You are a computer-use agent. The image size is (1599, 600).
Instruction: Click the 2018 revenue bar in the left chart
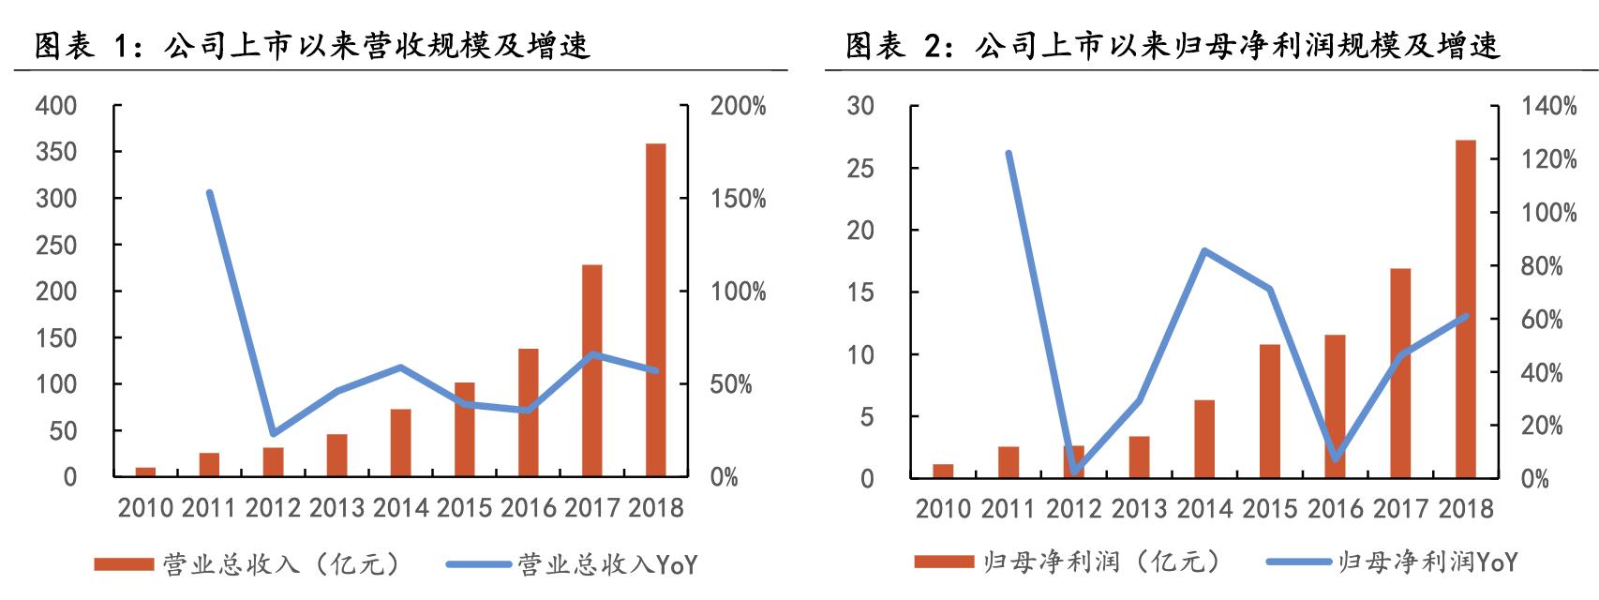[x=655, y=309]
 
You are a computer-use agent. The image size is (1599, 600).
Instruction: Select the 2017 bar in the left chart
[x=591, y=370]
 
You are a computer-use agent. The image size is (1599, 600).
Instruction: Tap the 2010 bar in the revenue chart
[x=145, y=472]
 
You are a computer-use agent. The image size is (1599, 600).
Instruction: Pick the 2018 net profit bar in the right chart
[x=1465, y=309]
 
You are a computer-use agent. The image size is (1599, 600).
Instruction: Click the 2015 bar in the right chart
[x=1269, y=412]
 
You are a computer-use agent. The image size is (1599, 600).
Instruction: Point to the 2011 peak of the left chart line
[x=209, y=193]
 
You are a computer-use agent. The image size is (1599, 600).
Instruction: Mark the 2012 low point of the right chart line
[x=1074, y=471]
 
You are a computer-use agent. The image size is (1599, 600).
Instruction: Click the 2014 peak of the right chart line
[x=1204, y=251]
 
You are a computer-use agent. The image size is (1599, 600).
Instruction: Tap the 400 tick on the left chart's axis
[x=56, y=106]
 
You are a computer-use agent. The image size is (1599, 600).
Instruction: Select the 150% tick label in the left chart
[x=738, y=199]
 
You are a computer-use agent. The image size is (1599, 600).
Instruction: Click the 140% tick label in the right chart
[x=1548, y=107]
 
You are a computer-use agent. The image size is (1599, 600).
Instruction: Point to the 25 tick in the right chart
[x=860, y=169]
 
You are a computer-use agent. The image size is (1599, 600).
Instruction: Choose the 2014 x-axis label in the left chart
[x=400, y=508]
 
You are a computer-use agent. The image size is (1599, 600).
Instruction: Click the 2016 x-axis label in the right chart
[x=1335, y=509]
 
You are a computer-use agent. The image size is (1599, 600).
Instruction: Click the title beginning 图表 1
[x=312, y=46]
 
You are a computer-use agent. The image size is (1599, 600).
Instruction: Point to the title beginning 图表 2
[x=1172, y=46]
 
